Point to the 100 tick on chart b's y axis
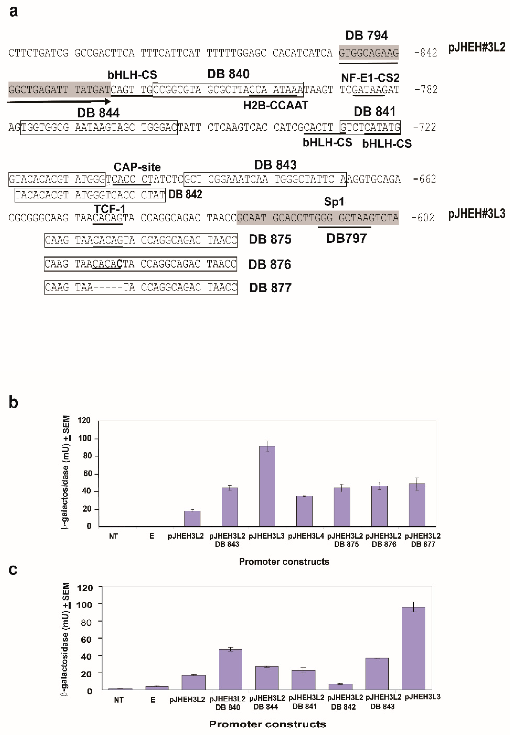(85, 438)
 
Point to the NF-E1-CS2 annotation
(370, 78)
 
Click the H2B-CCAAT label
(275, 105)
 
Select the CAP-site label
(137, 167)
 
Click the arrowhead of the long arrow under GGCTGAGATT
(108, 102)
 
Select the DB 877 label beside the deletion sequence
(270, 288)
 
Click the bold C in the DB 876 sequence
(120, 264)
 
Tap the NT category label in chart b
(113, 536)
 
